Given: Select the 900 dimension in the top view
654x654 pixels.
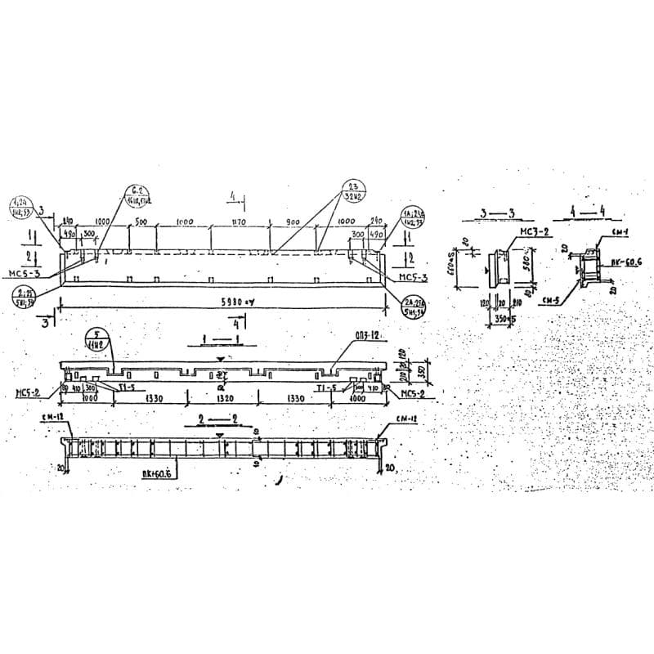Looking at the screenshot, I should point(293,222).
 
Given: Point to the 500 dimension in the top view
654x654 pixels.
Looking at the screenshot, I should point(141,222).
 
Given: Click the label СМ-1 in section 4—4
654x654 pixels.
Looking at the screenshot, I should point(620,232).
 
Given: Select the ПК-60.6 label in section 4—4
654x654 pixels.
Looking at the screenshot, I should point(626,261).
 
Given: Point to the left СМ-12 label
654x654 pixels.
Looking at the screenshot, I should point(51,418).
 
